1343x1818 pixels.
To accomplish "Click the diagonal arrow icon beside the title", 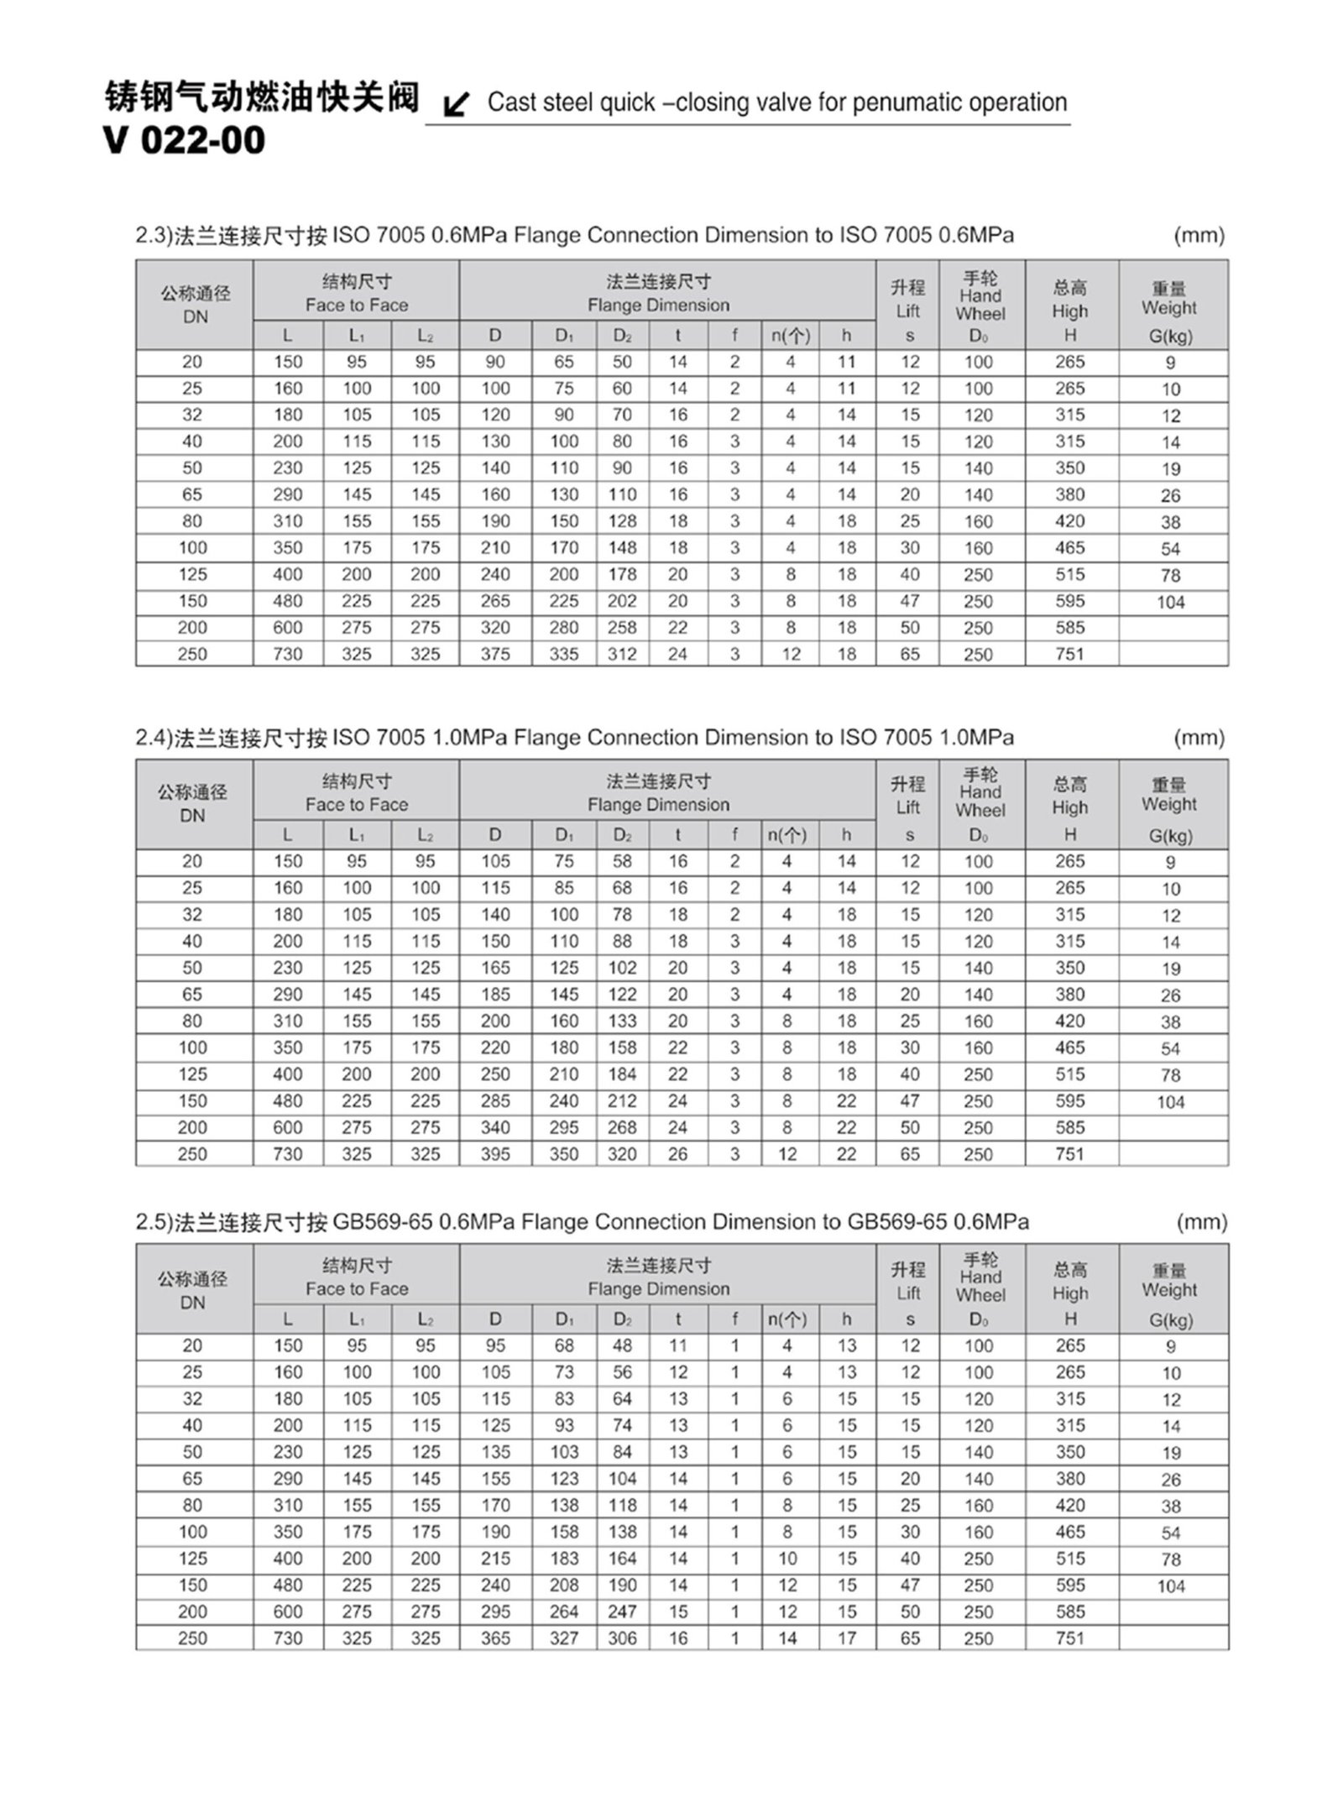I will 457,104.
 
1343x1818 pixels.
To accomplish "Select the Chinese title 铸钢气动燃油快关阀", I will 261,97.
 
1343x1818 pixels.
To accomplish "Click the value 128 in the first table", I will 622,521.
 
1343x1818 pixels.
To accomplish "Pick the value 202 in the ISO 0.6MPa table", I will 622,601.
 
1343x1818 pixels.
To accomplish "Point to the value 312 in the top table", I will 622,654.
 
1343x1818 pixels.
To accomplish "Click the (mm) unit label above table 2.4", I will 1199,738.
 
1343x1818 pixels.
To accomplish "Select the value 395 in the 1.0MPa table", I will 495,1154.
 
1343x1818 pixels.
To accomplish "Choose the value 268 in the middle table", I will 622,1127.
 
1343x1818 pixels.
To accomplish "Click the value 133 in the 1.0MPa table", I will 622,1021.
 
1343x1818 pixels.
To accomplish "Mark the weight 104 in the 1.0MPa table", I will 1170,1102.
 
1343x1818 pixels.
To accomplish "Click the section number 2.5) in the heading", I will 154,1222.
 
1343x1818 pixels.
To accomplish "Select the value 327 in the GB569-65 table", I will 563,1638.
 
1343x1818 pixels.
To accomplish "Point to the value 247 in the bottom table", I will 622,1612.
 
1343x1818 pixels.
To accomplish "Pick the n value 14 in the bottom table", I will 787,1638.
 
